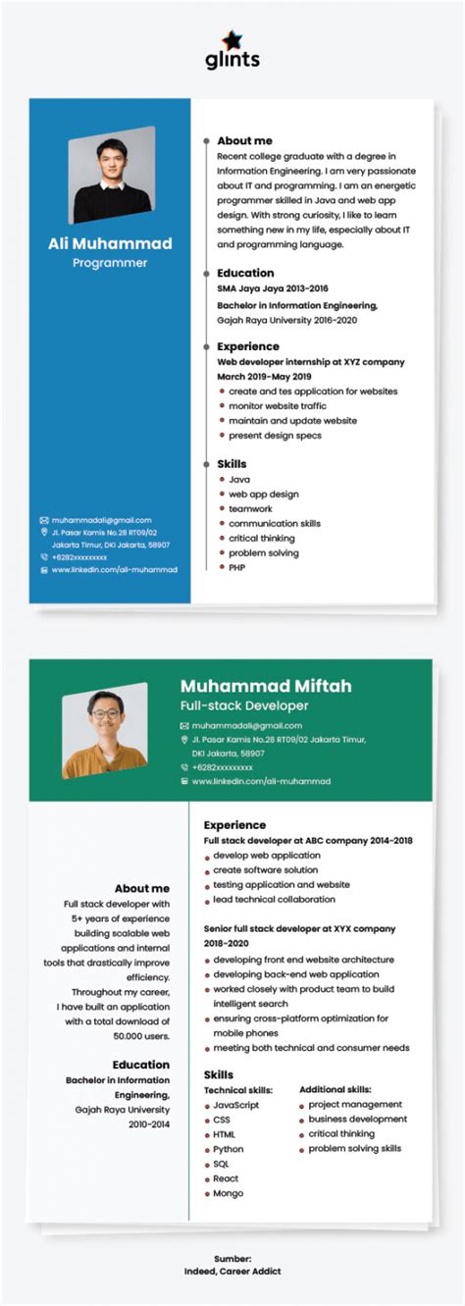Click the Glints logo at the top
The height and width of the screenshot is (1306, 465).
click(x=232, y=50)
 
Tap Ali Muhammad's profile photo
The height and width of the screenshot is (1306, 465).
click(x=111, y=176)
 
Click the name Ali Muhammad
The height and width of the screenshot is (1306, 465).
click(x=110, y=243)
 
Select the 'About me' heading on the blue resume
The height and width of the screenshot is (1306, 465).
click(x=244, y=140)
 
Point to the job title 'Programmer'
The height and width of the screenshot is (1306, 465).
click(x=110, y=263)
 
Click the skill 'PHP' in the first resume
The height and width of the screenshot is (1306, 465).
click(x=237, y=567)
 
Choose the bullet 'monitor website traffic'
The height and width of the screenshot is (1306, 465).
click(x=278, y=405)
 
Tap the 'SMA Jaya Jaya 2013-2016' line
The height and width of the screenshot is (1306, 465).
click(x=272, y=288)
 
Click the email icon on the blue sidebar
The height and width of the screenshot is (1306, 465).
click(x=44, y=520)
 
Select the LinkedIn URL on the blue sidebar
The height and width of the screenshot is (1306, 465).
click(x=114, y=569)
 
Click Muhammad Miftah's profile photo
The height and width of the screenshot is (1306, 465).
click(x=104, y=731)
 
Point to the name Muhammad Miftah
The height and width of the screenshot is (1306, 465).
click(x=265, y=686)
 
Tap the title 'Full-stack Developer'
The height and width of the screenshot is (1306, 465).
click(x=243, y=705)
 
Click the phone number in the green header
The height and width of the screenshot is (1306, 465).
click(x=222, y=767)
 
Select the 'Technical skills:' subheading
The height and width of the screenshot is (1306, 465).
click(x=237, y=1090)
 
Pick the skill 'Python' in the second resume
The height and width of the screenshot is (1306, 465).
click(x=229, y=1149)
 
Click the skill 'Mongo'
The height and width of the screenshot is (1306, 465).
click(x=228, y=1193)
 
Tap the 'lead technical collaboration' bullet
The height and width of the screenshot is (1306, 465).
click(x=274, y=899)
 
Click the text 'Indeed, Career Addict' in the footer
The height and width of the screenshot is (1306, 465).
click(x=232, y=1271)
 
